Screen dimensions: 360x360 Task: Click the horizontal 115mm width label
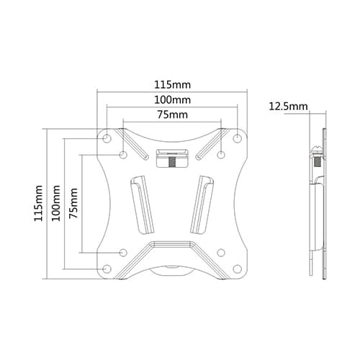pos(172,84)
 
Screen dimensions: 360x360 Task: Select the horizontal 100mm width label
pos(172,99)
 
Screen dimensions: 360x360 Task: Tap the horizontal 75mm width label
pos(172,114)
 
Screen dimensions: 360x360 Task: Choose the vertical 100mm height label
pos(55,204)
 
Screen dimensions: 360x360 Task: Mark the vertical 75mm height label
pos(72,204)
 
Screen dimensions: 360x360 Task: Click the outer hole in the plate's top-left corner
pos(107,138)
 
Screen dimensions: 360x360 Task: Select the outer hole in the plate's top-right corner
pos(238,138)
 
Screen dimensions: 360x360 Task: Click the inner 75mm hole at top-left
pos(123,154)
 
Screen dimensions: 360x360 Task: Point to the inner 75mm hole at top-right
pos(221,154)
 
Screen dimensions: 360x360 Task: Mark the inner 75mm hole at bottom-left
pos(123,252)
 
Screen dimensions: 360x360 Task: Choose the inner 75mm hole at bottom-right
pos(221,252)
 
